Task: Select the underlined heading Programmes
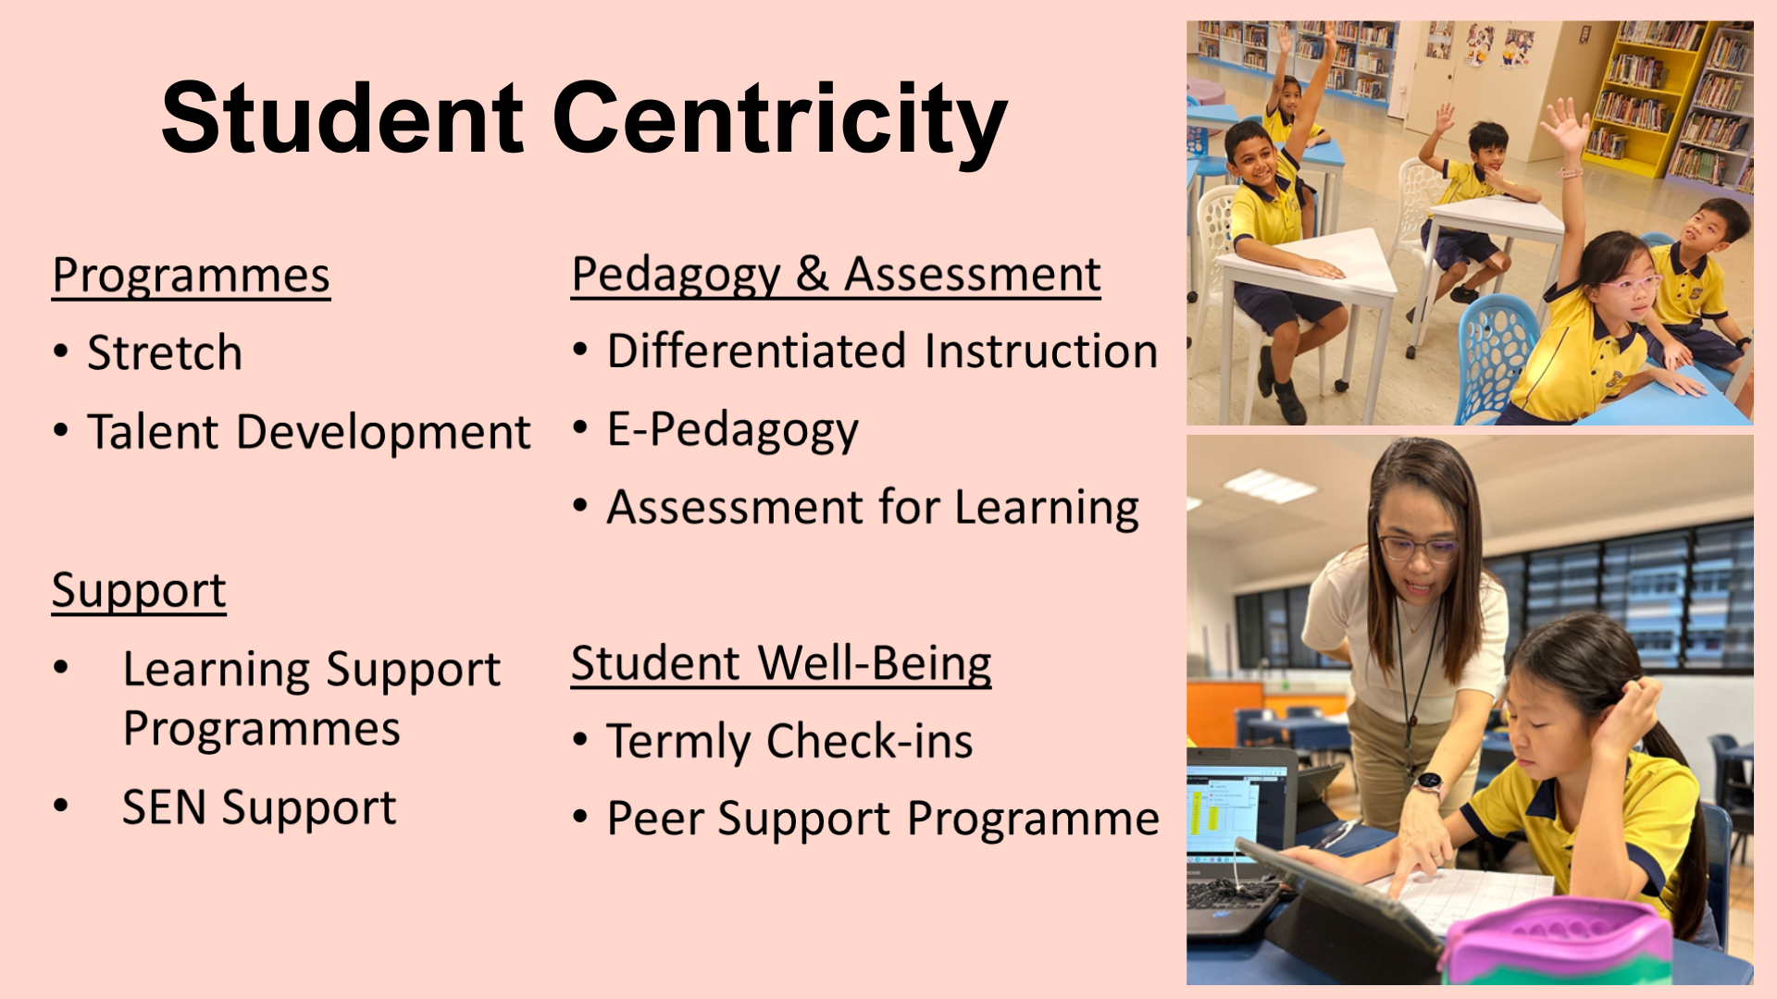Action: click(192, 276)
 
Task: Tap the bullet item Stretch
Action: click(165, 352)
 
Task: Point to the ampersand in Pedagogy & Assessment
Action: click(812, 274)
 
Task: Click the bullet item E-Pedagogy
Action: click(732, 431)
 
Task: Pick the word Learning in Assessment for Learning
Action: click(1047, 508)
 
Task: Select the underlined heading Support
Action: click(139, 591)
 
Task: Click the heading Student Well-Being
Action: click(781, 663)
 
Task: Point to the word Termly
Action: click(679, 742)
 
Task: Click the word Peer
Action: click(655, 819)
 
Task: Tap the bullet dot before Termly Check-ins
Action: click(580, 740)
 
